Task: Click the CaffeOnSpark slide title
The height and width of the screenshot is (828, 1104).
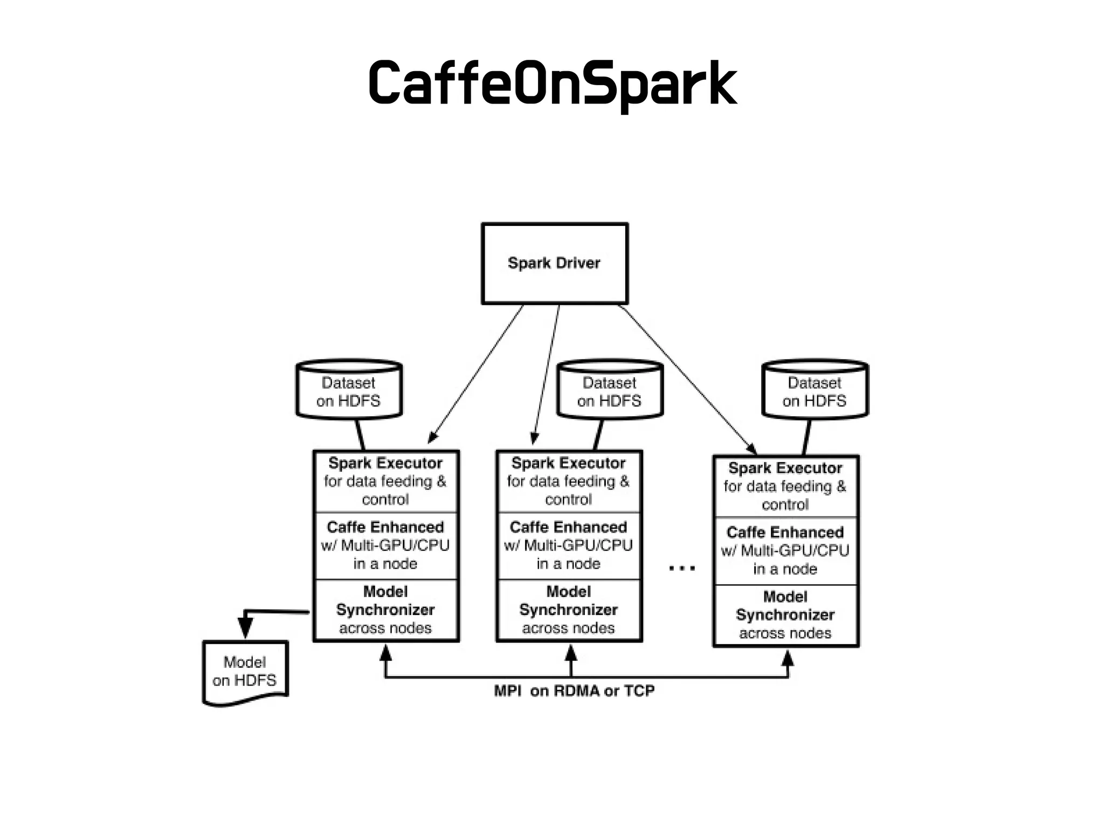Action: tap(552, 84)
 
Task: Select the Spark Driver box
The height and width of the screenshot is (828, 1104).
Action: tap(555, 264)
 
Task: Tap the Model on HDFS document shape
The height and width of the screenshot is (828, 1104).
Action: tap(245, 671)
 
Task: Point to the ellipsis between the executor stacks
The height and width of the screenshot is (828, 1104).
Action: tap(682, 568)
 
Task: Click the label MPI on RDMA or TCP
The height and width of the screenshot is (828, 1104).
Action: tap(574, 691)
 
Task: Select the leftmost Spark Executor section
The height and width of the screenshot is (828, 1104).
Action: tap(385, 481)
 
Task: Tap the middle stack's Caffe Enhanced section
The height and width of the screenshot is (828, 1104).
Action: tap(569, 545)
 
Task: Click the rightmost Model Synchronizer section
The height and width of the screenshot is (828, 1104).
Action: tap(785, 615)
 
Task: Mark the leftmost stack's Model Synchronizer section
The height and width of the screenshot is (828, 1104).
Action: tap(385, 610)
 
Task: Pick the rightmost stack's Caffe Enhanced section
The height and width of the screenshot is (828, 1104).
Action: tap(785, 550)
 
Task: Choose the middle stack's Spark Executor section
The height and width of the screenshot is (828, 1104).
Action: tap(569, 481)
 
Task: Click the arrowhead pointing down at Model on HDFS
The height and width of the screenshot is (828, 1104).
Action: tap(245, 628)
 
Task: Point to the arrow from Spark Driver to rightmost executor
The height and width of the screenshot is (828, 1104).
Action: tap(687, 377)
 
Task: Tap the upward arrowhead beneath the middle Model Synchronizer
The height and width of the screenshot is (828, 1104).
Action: tap(571, 653)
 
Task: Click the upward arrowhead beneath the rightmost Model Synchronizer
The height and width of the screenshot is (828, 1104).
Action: tap(788, 658)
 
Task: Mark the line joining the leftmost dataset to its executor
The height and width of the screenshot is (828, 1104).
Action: tap(360, 434)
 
